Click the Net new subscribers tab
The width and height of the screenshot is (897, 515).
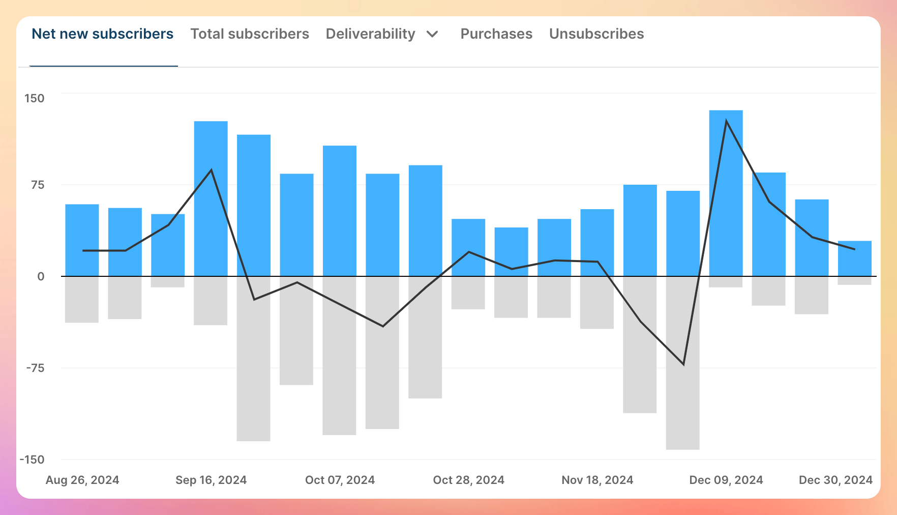point(102,34)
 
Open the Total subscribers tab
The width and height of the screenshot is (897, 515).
point(250,34)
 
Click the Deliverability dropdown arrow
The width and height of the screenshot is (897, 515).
point(432,34)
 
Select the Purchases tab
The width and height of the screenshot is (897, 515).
point(496,34)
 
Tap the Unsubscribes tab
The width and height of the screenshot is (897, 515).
point(596,34)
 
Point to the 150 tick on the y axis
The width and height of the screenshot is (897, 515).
point(35,98)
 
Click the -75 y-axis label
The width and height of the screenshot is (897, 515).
point(35,368)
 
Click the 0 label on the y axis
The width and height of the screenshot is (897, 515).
point(41,276)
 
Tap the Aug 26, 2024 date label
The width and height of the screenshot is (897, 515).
point(82,480)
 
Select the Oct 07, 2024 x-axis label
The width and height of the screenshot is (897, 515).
point(340,480)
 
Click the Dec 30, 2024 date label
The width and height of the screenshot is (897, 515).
point(835,480)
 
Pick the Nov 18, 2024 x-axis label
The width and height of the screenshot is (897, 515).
point(597,480)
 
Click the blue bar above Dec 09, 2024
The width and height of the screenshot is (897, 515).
point(726,193)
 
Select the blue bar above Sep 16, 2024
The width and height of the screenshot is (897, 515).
point(211,198)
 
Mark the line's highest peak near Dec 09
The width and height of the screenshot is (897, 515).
point(726,121)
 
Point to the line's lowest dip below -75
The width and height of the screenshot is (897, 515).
point(683,364)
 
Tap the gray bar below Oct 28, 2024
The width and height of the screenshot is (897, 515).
point(468,293)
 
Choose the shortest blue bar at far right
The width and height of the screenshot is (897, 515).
point(854,259)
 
